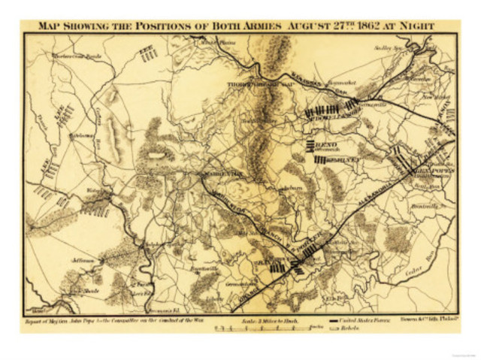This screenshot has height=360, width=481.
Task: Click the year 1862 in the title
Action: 365,26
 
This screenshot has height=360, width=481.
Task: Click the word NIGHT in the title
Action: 418,26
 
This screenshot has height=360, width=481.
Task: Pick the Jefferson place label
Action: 83,259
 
